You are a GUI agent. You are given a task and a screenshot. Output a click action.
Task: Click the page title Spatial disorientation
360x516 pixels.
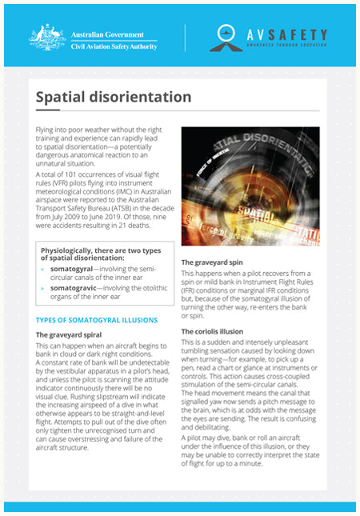click(113, 98)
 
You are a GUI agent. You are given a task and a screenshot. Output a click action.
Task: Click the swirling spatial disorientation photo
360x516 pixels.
click(250, 186)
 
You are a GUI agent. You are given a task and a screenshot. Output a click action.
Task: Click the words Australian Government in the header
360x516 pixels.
click(107, 34)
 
